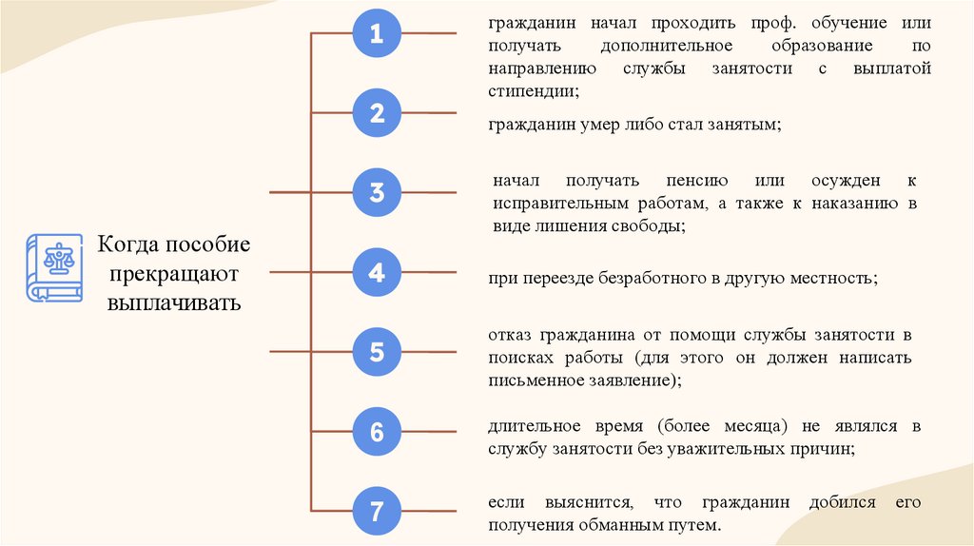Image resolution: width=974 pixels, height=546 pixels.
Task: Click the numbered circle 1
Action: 377,35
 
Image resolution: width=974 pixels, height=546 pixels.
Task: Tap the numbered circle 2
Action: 377,114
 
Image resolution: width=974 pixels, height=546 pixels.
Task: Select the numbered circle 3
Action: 377,193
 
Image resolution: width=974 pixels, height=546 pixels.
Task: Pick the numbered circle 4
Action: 377,274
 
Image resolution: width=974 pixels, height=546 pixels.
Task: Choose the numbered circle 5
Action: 377,353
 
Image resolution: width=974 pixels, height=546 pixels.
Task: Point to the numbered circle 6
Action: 377,433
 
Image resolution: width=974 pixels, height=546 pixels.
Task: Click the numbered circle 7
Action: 377,513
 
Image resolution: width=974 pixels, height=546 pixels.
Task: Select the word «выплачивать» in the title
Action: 174,303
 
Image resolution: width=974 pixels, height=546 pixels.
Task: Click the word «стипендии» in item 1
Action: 533,92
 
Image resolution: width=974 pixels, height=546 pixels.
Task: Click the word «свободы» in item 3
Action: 650,226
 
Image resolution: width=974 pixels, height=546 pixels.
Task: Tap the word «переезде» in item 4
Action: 554,280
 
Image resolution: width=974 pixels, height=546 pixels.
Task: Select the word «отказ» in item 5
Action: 511,335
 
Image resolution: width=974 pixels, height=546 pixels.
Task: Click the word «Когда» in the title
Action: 129,245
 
